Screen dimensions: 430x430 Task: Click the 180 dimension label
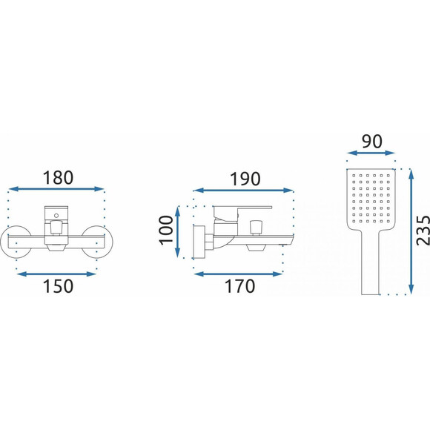pyautogui.click(x=58, y=178)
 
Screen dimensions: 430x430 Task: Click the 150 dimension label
pyautogui.click(x=58, y=286)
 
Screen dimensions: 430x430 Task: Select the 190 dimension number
pyautogui.click(x=245, y=179)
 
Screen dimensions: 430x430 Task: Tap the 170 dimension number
pyautogui.click(x=239, y=286)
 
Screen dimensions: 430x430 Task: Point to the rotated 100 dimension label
pyautogui.click(x=166, y=230)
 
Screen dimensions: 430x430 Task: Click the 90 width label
pyautogui.click(x=372, y=142)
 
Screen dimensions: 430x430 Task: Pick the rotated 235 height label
pyautogui.click(x=423, y=231)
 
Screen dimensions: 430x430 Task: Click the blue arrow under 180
pyautogui.click(x=56, y=188)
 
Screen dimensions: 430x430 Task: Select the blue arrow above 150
pyautogui.click(x=56, y=274)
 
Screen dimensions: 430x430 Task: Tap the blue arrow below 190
pyautogui.click(x=243, y=191)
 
